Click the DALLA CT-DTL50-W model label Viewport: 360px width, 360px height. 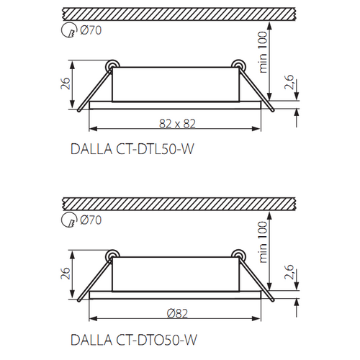point(132,149)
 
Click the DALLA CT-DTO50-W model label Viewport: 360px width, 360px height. point(134,340)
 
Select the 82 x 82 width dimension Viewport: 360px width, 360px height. point(177,124)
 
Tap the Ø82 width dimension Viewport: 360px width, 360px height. point(177,314)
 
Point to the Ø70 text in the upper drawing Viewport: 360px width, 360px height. point(91,30)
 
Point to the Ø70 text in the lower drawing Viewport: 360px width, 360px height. point(91,220)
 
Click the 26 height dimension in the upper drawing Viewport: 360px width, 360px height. point(66,84)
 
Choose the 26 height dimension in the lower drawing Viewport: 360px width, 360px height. point(66,274)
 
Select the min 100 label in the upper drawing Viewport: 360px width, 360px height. point(263,52)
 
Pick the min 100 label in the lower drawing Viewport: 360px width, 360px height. point(263,242)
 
